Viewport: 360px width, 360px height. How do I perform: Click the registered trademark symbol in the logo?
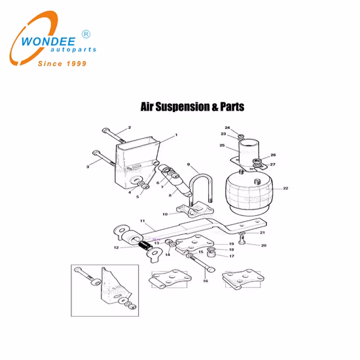[85, 33]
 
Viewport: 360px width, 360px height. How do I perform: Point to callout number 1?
[175, 135]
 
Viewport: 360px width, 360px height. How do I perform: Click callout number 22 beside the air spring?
[285, 189]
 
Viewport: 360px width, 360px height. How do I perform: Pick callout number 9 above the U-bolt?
[189, 164]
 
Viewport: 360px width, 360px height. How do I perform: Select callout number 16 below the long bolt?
[206, 281]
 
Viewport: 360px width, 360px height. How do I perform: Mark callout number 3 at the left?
[88, 167]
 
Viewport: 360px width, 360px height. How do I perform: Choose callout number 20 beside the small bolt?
[264, 245]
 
